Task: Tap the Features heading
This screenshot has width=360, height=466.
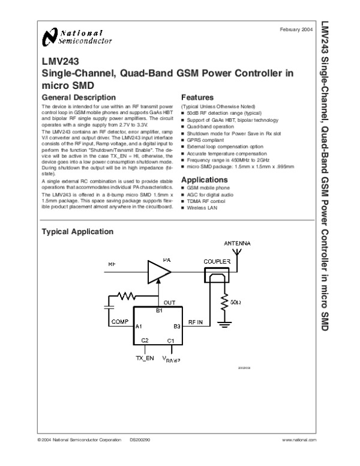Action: click(x=197, y=97)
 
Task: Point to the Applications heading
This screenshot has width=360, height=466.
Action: click(x=204, y=180)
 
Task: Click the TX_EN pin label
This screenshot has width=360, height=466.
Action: click(x=145, y=358)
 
